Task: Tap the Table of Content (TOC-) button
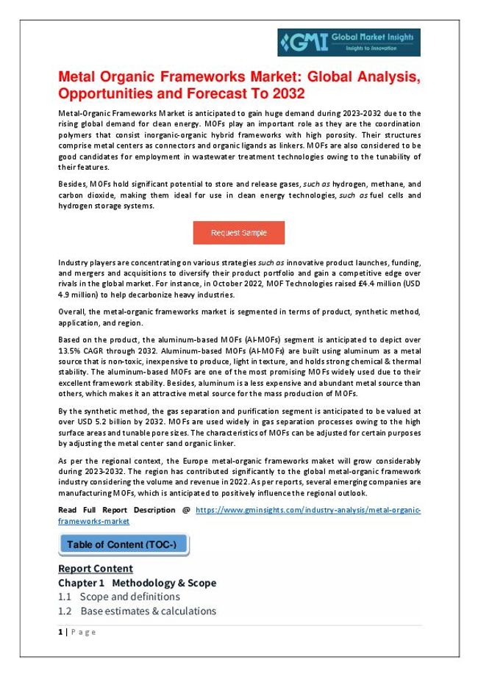pyautogui.click(x=122, y=544)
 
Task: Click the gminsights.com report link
pyautogui.click(x=308, y=510)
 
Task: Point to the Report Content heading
pyautogui.click(x=95, y=568)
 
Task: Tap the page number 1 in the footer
pyautogui.click(x=60, y=632)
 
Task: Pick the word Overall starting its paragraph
pyautogui.click(x=71, y=312)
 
